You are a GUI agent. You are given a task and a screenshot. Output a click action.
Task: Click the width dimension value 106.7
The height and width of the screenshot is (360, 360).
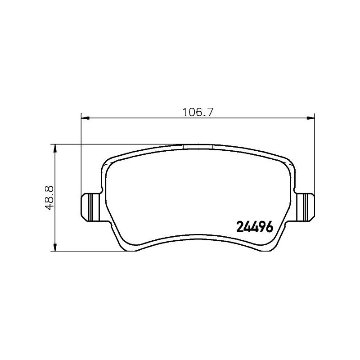pyautogui.click(x=197, y=112)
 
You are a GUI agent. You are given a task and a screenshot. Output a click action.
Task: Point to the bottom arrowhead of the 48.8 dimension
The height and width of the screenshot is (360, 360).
pyautogui.click(x=55, y=247)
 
